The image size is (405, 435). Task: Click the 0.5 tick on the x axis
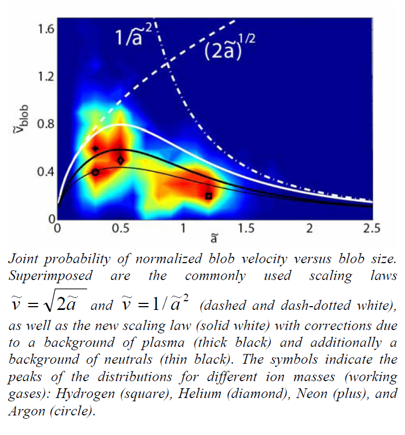click(120, 229)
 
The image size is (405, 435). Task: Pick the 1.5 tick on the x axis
click(246, 229)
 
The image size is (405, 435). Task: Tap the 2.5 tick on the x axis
click(372, 229)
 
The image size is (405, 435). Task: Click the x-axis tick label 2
click(310, 229)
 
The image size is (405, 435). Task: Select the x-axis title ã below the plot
click(215, 240)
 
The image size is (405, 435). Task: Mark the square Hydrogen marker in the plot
click(209, 196)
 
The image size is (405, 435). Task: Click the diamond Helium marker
click(121, 160)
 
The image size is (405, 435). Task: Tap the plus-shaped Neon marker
click(96, 148)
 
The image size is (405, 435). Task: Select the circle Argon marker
click(96, 172)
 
